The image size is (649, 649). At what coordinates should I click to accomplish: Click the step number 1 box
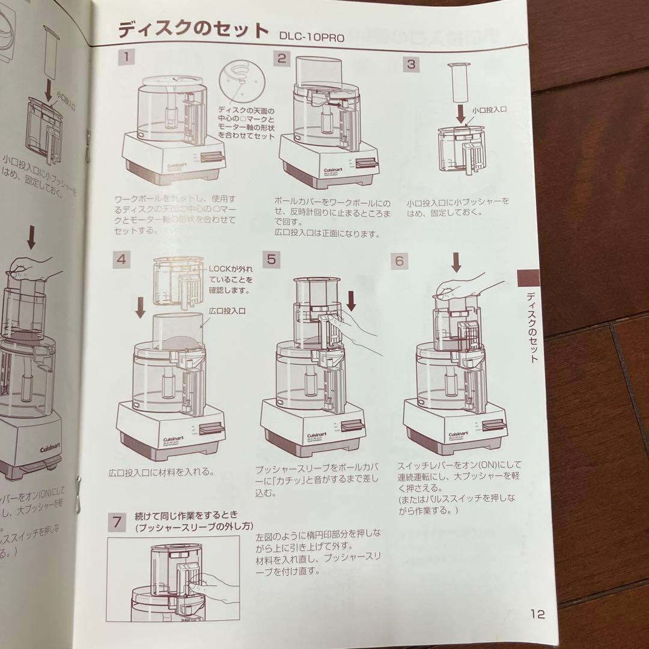pos(127,58)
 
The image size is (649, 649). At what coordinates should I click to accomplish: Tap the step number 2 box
pos(282,58)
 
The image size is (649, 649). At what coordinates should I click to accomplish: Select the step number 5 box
pos(272,259)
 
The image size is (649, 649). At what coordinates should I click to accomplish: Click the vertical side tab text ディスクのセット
pos(531,327)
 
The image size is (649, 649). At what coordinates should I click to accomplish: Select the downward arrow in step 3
pos(459,112)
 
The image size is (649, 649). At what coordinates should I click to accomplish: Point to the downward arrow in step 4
pos(141,307)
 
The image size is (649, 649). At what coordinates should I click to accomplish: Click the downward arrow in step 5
pos(352,299)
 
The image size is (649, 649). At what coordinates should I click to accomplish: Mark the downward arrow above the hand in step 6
pos(456,261)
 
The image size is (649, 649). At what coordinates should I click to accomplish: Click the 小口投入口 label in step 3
pos(490,110)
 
